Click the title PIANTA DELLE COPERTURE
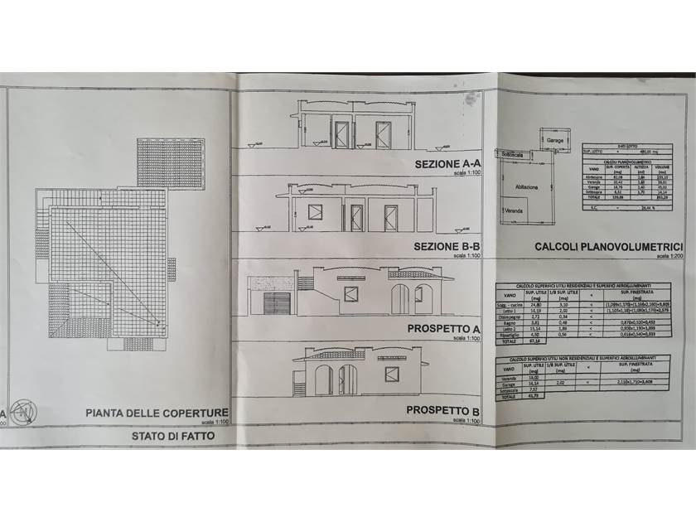(157, 412)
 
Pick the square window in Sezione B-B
(315, 211)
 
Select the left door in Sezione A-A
(341, 134)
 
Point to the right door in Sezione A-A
(384, 134)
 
